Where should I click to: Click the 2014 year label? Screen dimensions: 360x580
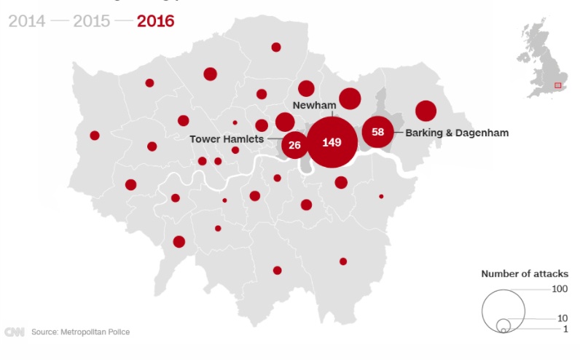[27, 20]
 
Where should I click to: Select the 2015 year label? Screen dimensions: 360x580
[92, 20]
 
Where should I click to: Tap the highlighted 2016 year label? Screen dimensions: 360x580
[156, 20]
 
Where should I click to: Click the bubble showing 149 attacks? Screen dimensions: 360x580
[332, 142]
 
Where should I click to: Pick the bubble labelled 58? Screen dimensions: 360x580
[377, 132]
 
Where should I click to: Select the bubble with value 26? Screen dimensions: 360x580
[295, 145]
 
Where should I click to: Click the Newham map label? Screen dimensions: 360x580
[313, 105]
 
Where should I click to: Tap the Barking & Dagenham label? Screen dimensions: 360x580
[457, 133]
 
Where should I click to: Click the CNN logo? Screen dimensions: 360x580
[15, 332]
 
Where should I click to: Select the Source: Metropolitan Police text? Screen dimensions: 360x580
[80, 332]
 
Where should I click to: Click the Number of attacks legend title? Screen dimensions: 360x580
[525, 274]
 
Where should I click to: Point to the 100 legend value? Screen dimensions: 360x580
[560, 289]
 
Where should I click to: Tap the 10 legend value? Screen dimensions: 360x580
[562, 318]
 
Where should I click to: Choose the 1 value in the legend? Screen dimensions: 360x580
[565, 330]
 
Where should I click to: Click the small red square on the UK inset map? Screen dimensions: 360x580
[557, 85]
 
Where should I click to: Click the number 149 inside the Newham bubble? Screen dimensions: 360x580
[332, 142]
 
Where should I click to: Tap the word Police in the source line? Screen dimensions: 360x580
[117, 332]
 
